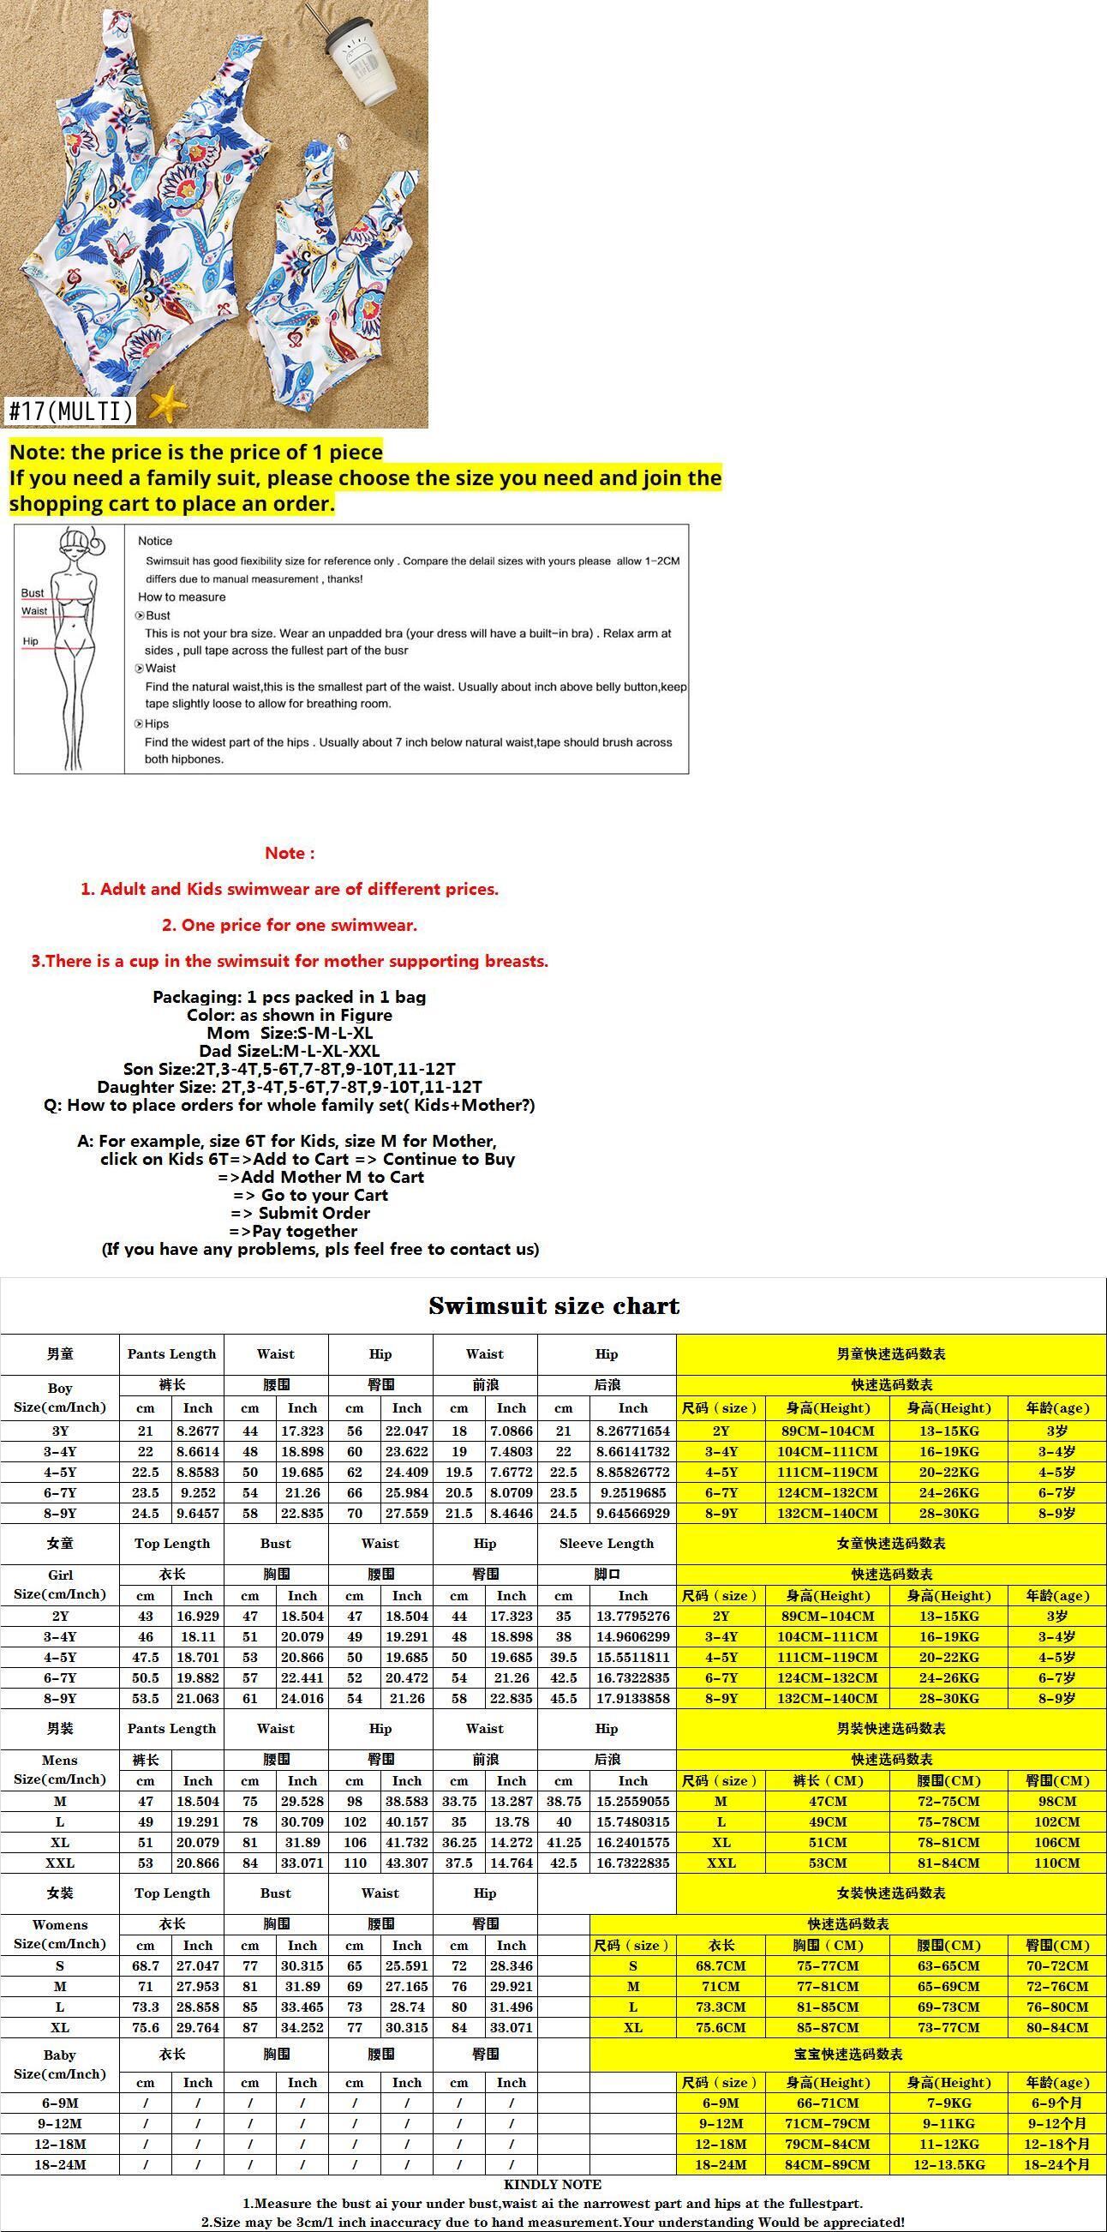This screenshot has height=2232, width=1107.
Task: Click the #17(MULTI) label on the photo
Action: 71,411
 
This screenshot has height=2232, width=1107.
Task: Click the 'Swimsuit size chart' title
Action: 553,1306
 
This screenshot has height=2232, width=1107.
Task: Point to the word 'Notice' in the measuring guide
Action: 155,541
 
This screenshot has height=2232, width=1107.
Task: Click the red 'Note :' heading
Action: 290,853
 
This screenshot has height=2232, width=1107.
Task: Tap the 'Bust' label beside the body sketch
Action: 33,592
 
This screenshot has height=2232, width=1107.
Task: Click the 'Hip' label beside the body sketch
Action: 31,641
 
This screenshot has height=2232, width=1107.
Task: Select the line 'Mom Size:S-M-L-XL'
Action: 290,1033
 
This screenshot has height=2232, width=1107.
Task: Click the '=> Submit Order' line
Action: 301,1213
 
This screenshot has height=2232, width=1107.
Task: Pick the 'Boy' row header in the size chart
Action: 60,1388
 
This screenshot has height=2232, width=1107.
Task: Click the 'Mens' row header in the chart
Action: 60,1760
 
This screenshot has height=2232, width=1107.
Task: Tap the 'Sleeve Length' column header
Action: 607,1543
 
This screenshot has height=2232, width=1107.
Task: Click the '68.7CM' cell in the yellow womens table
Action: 719,1966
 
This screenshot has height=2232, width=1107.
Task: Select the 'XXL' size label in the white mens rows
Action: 60,1863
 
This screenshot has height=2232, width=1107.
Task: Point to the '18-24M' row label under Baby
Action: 60,2164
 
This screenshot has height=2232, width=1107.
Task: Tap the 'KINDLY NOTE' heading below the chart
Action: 553,2184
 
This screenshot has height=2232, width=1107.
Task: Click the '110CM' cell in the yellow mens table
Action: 1056,1863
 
